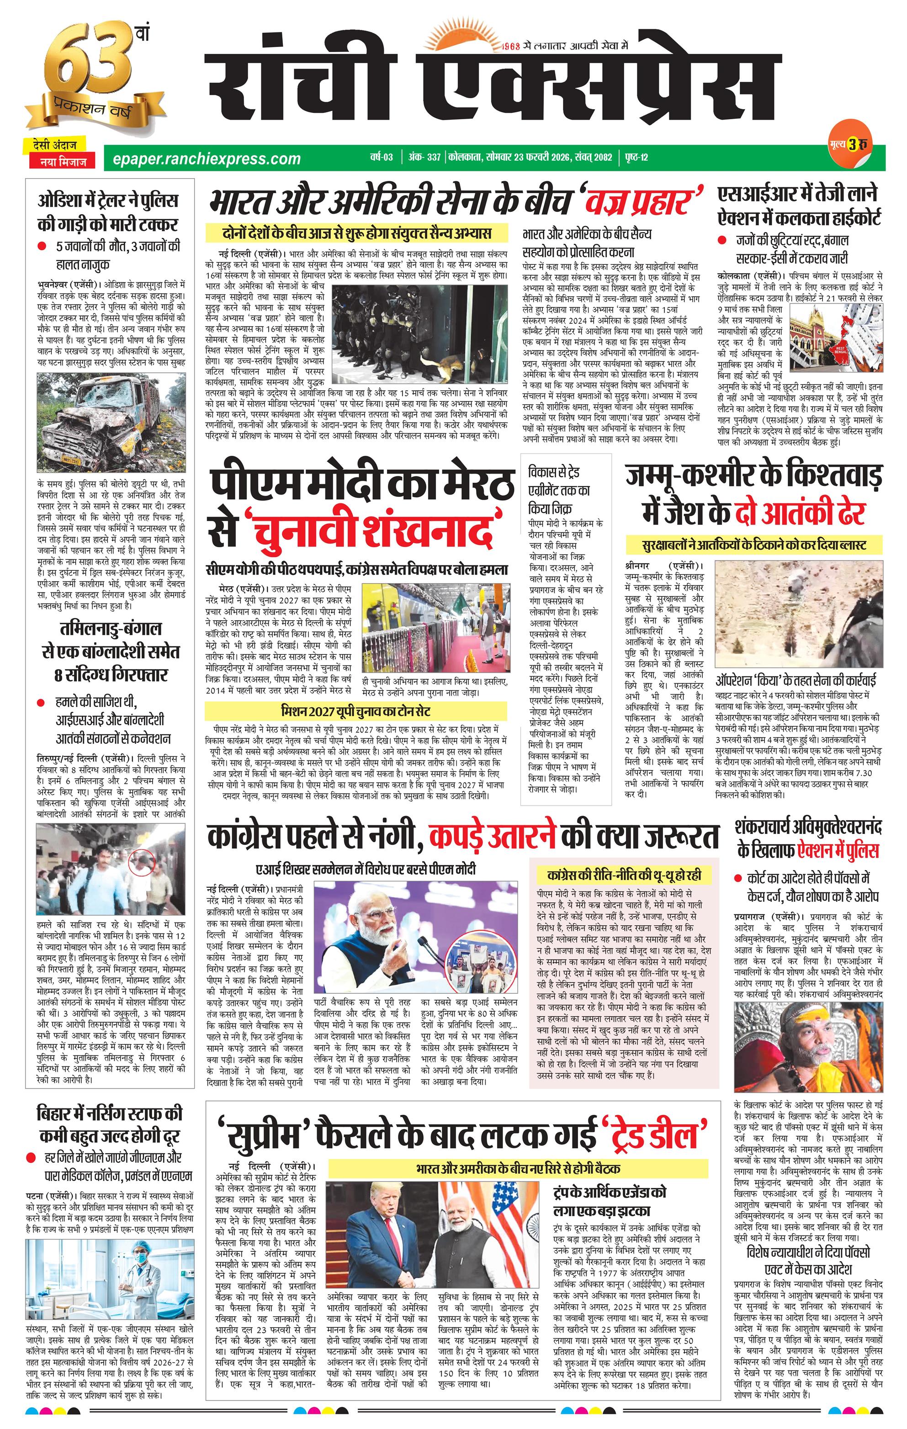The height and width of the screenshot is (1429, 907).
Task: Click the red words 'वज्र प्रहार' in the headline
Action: (644, 200)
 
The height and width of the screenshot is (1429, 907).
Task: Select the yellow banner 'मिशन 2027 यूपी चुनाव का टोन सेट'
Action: (355, 711)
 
